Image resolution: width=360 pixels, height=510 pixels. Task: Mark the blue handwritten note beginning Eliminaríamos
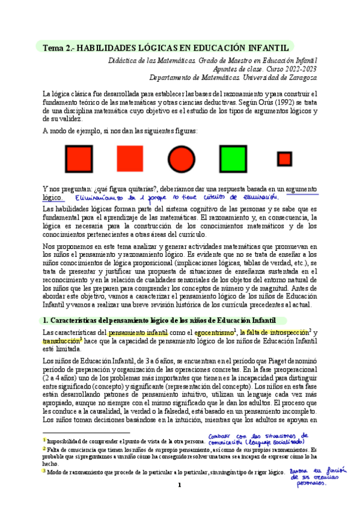click(177, 197)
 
